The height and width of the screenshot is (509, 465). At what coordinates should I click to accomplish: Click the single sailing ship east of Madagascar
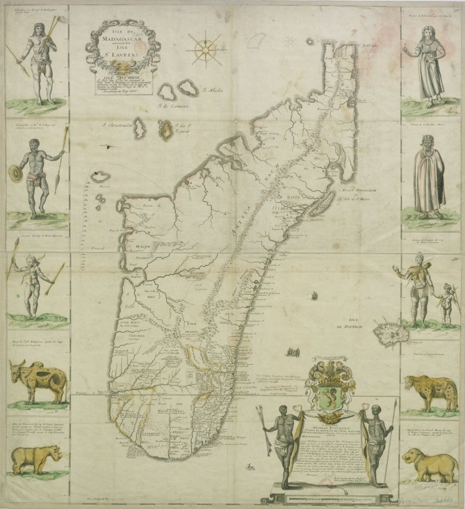(314, 296)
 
